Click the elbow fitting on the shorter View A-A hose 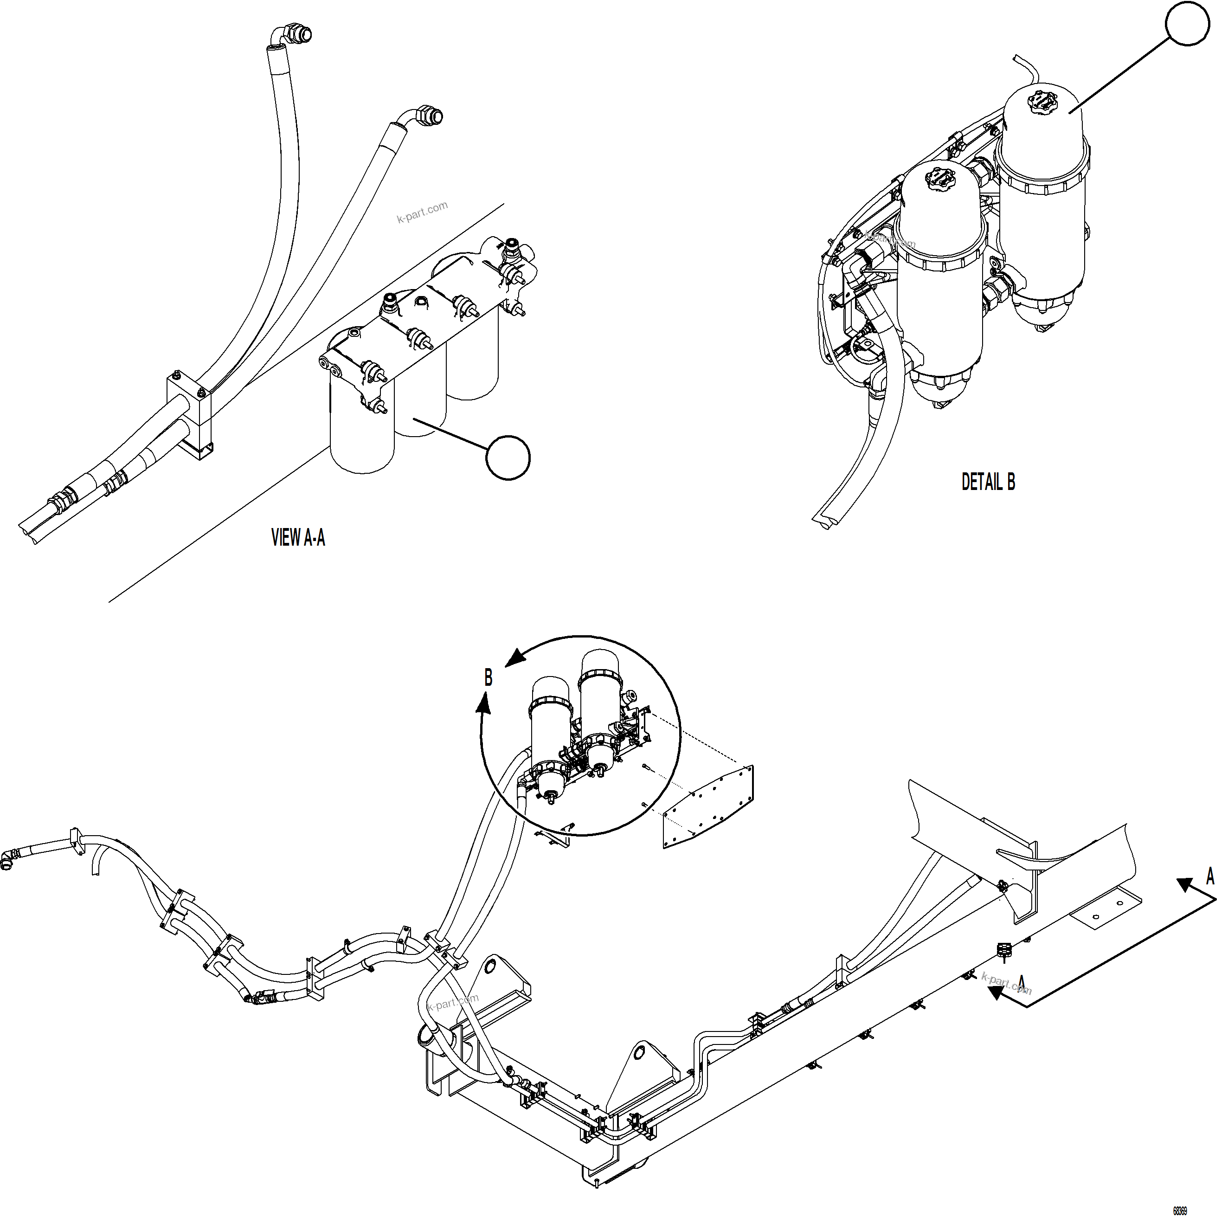426,117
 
